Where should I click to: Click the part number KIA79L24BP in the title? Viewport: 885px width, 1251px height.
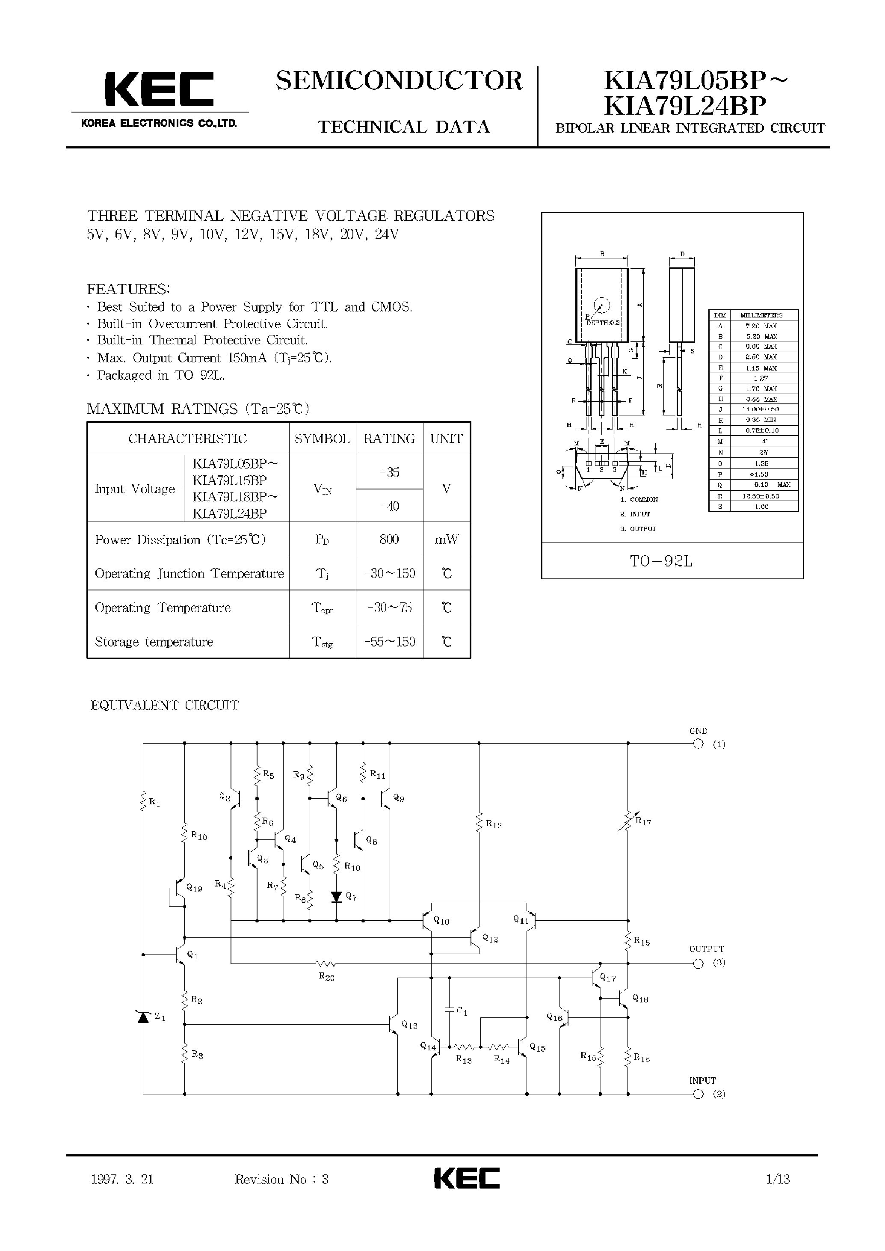[686, 106]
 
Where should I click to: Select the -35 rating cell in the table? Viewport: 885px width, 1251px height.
[389, 472]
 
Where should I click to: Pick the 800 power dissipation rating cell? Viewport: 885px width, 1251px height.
[389, 539]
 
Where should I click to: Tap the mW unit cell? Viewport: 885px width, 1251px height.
[446, 539]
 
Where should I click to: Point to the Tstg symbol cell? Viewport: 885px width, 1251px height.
[322, 642]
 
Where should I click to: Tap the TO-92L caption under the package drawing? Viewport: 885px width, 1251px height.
[661, 561]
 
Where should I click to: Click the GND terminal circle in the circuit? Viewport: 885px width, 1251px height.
[698, 744]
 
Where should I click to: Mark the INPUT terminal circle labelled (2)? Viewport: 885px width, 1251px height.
[698, 1094]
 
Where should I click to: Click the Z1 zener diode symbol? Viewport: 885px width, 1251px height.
[143, 1017]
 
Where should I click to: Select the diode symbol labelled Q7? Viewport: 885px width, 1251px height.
[337, 896]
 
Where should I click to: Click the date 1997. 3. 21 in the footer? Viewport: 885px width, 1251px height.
[123, 1180]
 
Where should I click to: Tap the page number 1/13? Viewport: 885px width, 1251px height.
[778, 1180]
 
